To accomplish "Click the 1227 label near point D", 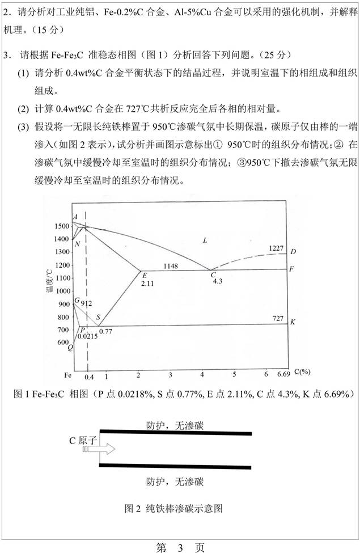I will pyautogui.click(x=276, y=248).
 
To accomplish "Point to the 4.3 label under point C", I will pyautogui.click(x=217, y=281).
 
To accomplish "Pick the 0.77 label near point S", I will pyautogui.click(x=105, y=330).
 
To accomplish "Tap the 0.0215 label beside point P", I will pyautogui.click(x=87, y=336).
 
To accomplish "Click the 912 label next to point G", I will pyautogui.click(x=86, y=303).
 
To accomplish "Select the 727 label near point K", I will pyautogui.click(x=277, y=318).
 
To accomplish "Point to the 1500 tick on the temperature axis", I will pyautogui.click(x=62, y=226).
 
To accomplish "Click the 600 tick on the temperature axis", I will pyautogui.click(x=62, y=343).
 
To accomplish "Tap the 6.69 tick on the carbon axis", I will pyautogui.click(x=283, y=374).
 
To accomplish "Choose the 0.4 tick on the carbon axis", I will pyautogui.click(x=88, y=377).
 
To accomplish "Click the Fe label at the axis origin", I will pyautogui.click(x=67, y=375).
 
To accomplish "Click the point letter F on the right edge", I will pyautogui.click(x=291, y=269).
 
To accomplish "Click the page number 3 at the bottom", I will pyautogui.click(x=180, y=547).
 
